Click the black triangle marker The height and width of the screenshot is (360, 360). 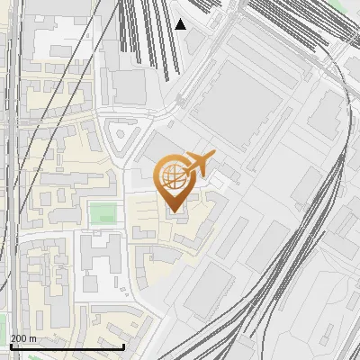click(181, 24)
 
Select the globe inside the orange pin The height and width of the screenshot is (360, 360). click(171, 175)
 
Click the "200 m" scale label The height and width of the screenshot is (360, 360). click(23, 338)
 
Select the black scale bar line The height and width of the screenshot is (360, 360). click(67, 346)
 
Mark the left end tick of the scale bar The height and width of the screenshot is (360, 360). click(10, 345)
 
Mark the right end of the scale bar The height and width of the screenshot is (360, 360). click(123, 345)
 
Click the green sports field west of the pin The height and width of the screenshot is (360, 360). click(103, 214)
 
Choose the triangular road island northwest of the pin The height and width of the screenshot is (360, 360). click(120, 138)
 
